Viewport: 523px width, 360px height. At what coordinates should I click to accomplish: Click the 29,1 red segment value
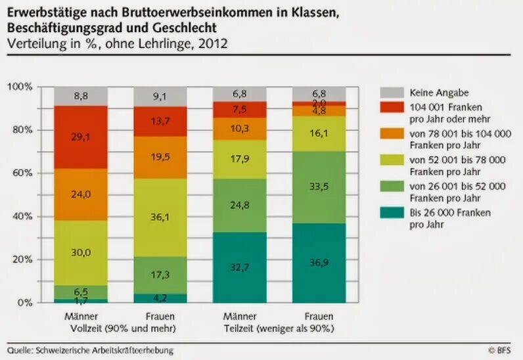(81, 137)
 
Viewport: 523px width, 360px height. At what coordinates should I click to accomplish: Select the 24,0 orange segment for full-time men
(81, 194)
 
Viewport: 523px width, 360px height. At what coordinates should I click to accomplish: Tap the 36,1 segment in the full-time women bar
(160, 216)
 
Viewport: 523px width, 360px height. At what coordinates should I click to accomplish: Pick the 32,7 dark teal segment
(239, 267)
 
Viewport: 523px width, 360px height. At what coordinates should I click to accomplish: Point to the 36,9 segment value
(319, 263)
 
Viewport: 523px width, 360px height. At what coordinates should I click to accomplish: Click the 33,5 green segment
(319, 187)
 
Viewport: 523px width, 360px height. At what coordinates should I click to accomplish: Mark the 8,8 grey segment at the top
(81, 96)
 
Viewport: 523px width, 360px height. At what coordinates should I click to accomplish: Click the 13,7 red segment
(160, 122)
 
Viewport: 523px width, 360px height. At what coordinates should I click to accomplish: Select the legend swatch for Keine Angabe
(391, 93)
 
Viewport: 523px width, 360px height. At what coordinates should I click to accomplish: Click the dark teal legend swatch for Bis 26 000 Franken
(391, 212)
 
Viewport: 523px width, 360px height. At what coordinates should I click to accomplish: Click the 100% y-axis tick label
(20, 87)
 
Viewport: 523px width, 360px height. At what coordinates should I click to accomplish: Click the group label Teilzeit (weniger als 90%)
(279, 328)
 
